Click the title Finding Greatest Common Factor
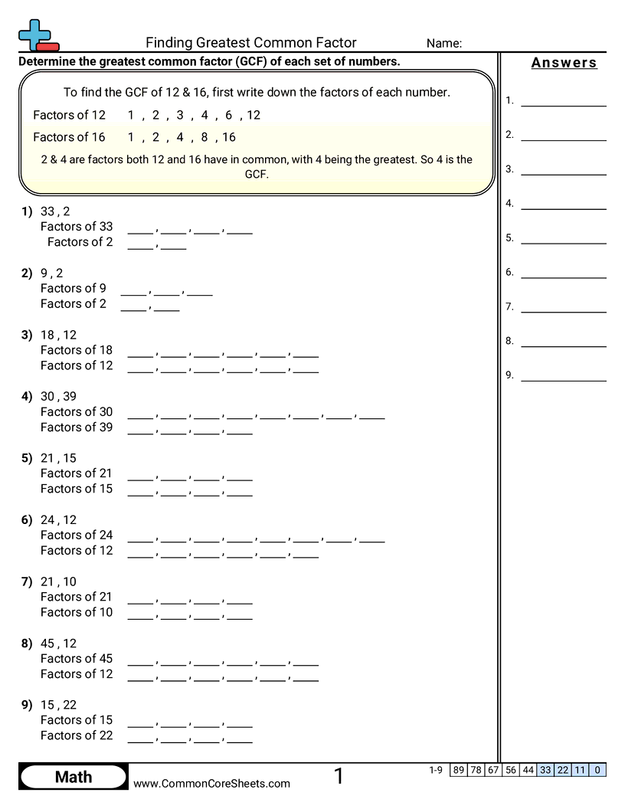coord(251,43)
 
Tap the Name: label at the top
coord(444,44)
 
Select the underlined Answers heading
coord(564,63)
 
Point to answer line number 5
coord(563,238)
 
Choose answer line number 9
coord(563,375)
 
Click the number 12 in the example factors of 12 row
coord(254,115)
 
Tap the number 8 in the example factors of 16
coord(205,137)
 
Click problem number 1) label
coord(28,211)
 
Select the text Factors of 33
coord(77,227)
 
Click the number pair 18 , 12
coord(58,335)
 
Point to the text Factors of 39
coord(77,427)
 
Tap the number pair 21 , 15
coord(58,458)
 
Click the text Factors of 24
coord(77,535)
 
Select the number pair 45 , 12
coord(58,644)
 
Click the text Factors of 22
coord(77,735)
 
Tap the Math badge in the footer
coord(74,778)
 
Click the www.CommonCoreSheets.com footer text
coord(212,783)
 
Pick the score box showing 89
coord(459,770)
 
